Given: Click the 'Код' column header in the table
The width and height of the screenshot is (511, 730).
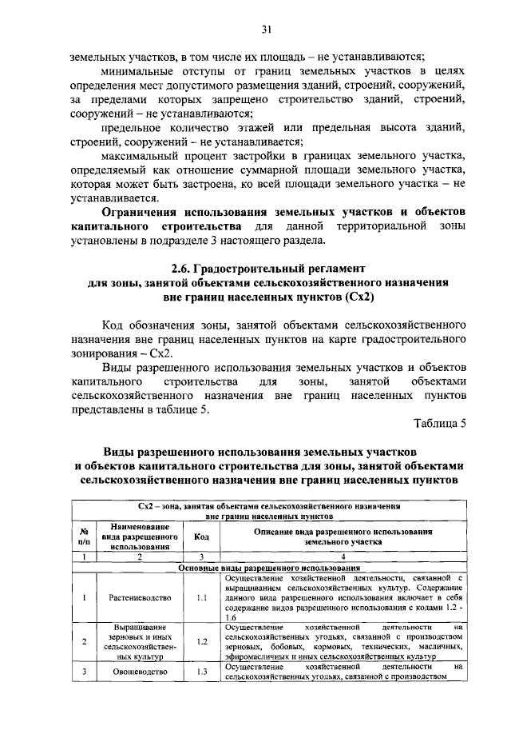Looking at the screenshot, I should [x=201, y=537].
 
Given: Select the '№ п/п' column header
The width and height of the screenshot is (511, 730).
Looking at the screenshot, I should [x=83, y=537].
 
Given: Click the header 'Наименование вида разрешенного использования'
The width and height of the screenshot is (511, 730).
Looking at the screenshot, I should [x=139, y=537].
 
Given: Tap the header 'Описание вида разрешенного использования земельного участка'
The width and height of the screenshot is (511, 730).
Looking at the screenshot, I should [x=343, y=537].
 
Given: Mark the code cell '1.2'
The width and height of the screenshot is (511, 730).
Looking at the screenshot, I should [x=201, y=641].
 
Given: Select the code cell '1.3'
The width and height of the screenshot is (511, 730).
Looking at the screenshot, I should [x=201, y=672].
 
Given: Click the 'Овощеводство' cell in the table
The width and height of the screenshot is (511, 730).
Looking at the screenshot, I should [x=139, y=672].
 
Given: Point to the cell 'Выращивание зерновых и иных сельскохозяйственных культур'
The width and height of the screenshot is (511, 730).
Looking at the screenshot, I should [x=139, y=641].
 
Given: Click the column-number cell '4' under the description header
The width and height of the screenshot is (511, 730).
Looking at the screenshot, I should [x=343, y=557].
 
